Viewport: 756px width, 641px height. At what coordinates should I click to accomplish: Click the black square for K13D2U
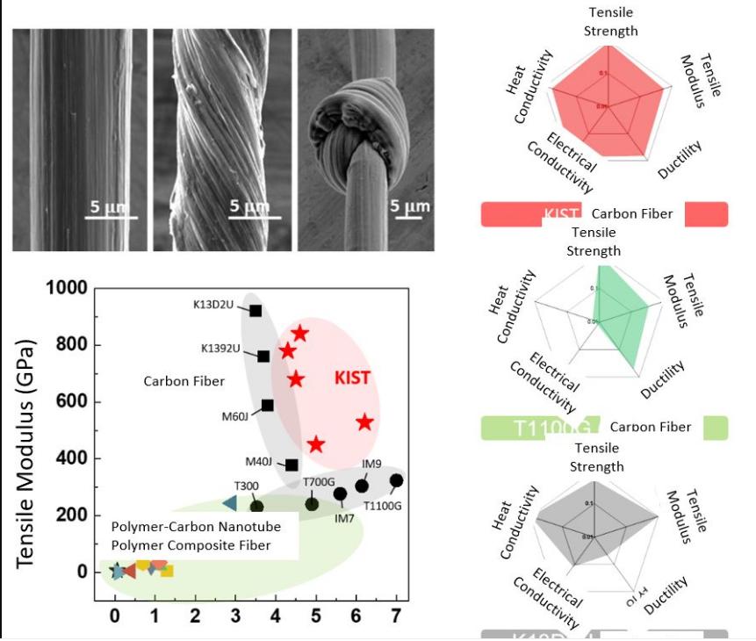click(x=256, y=311)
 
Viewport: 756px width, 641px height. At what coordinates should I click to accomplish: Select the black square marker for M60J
click(x=268, y=406)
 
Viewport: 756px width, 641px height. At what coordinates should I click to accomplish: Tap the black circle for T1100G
click(x=396, y=480)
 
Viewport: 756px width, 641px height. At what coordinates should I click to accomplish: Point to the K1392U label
click(x=221, y=349)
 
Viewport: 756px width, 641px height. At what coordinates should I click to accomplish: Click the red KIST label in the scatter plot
click(x=352, y=378)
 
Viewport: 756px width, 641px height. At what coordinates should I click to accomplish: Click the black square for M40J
click(x=292, y=465)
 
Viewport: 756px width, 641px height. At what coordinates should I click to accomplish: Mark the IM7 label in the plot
click(x=344, y=518)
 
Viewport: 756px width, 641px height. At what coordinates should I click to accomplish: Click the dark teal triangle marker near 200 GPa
click(x=229, y=503)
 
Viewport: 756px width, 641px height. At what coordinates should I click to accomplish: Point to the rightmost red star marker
click(x=364, y=422)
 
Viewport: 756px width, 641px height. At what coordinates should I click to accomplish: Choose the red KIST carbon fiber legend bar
click(x=604, y=214)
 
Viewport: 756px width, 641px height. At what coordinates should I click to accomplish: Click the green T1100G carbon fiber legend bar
click(x=604, y=428)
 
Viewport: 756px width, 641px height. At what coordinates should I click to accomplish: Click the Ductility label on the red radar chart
click(x=680, y=160)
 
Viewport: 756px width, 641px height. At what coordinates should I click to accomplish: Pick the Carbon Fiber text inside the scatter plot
click(x=184, y=381)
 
